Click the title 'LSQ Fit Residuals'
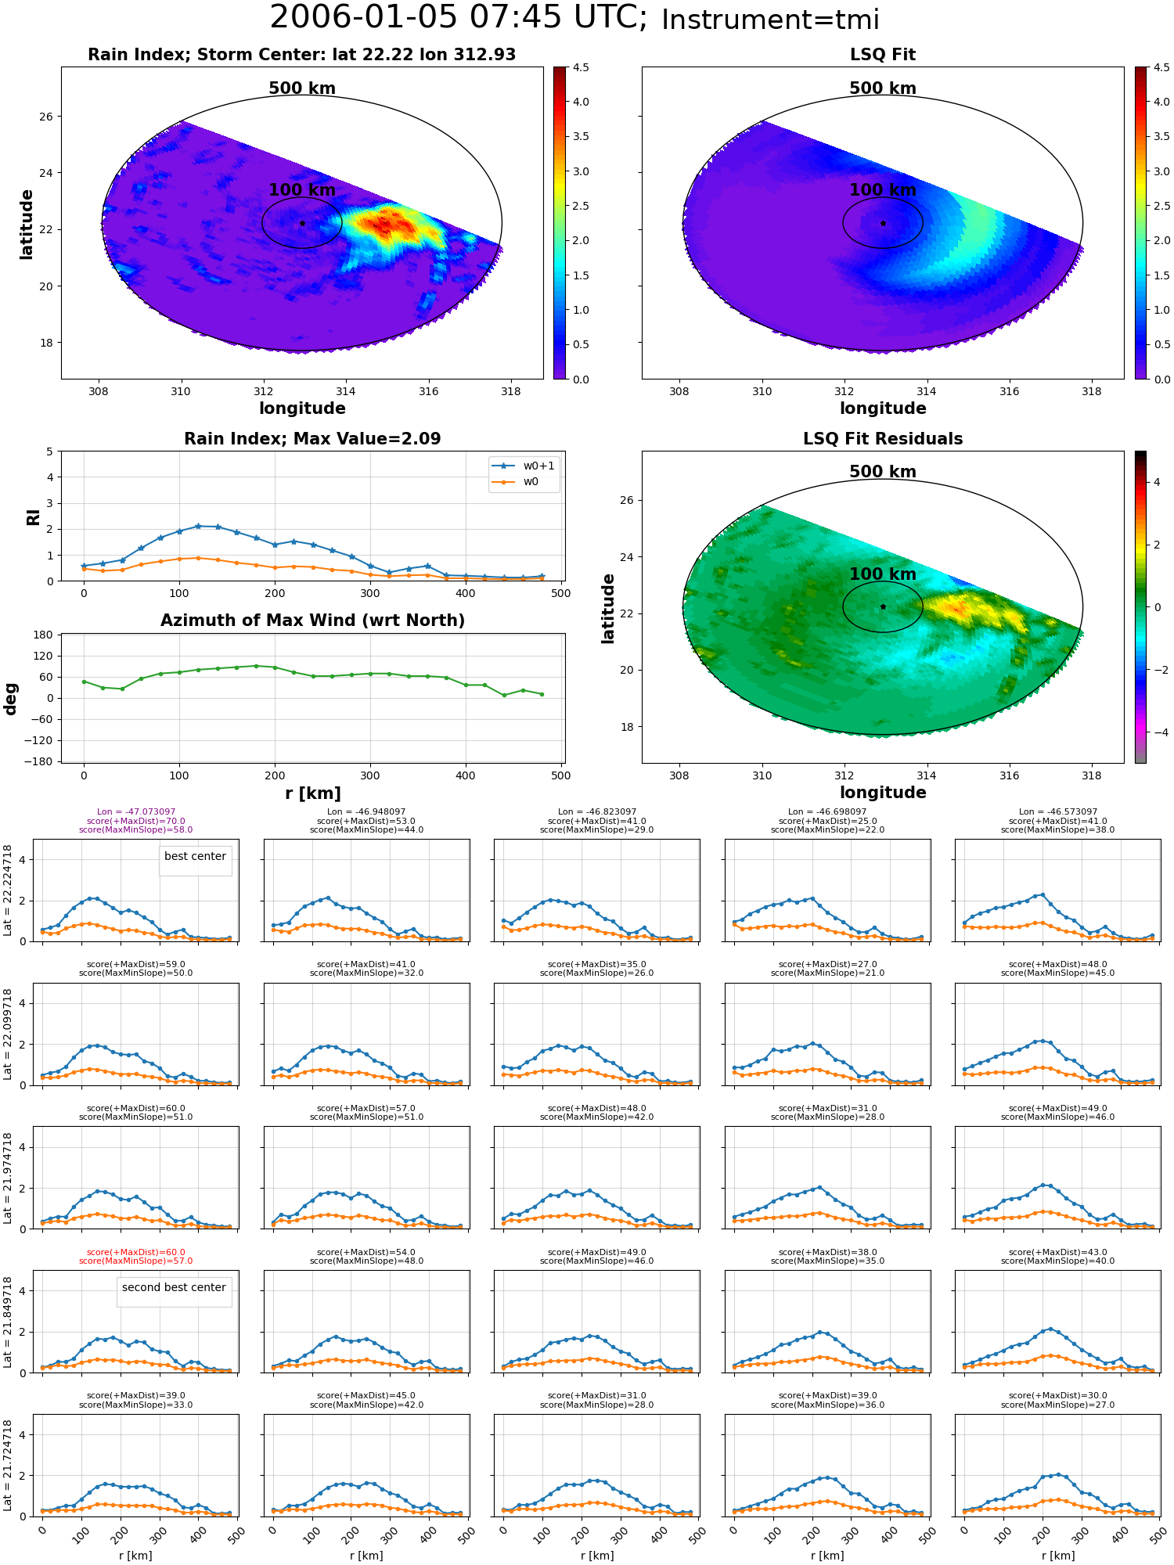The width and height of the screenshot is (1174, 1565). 883,439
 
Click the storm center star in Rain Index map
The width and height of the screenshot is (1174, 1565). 302,223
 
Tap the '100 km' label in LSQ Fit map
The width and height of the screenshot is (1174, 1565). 883,190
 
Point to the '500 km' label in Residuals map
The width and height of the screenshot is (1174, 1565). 883,472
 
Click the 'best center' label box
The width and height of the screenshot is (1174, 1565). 195,857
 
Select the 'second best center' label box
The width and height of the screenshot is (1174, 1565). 174,1288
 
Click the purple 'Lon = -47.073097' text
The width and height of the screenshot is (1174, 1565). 136,812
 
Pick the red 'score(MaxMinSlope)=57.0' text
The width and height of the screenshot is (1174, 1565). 136,1261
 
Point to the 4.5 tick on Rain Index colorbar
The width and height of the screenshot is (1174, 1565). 581,68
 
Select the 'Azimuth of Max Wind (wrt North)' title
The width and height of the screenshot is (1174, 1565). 313,621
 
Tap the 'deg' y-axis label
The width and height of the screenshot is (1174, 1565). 11,699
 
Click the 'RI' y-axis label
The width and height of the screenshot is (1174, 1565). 34,517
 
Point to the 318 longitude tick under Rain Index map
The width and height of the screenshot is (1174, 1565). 510,392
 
